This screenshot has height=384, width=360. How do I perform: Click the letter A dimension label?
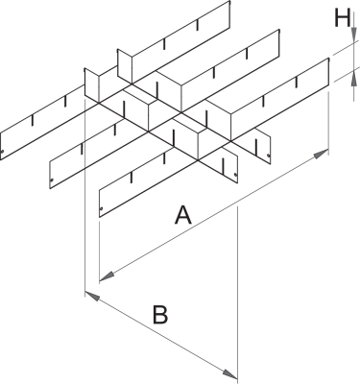point(183,215)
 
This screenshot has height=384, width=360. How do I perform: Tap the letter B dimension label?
point(160,315)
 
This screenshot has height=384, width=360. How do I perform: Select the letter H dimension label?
point(342,18)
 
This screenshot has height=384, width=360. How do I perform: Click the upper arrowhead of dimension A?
point(321,154)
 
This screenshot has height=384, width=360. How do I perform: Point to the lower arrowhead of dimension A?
point(108,276)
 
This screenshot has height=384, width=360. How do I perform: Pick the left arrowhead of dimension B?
point(92,296)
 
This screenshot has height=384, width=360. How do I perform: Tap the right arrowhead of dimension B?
point(229,373)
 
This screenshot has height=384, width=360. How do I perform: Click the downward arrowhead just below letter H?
point(354,35)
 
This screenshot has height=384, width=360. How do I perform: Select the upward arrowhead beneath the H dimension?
point(354,77)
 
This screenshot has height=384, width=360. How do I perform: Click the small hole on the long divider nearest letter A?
point(101,209)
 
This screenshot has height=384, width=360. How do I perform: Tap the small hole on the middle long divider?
point(52,180)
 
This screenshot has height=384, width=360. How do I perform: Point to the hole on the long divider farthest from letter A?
point(2,152)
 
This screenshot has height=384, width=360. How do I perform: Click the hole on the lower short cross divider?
point(235,175)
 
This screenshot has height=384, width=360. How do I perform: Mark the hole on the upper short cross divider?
point(269,156)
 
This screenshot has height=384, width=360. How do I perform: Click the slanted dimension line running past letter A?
point(214,215)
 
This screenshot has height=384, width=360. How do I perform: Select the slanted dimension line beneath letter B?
point(161,335)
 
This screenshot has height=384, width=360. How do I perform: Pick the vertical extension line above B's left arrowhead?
point(84,198)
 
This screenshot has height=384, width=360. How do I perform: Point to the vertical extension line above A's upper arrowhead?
point(328,123)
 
